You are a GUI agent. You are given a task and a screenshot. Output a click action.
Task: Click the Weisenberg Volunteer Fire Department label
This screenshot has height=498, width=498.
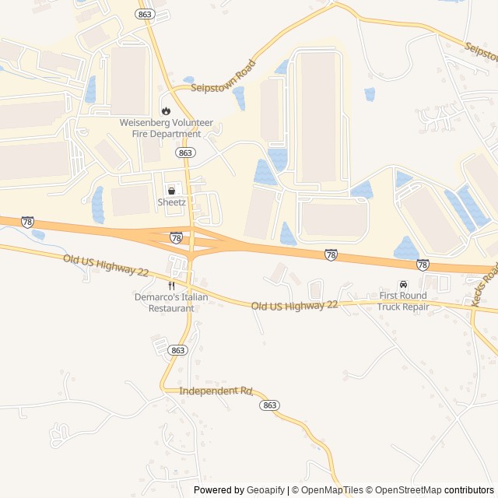pos(160,128)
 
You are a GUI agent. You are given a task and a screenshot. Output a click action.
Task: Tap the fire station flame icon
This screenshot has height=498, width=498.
pos(164,110)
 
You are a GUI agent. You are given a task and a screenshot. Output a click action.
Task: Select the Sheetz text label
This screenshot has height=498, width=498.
pos(171,203)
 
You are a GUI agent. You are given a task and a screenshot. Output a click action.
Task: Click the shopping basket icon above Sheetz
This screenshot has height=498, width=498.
pos(171,190)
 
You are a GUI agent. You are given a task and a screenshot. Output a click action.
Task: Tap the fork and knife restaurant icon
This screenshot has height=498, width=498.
pos(171,285)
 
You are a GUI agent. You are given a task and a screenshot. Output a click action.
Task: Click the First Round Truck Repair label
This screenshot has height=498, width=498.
pos(403,301)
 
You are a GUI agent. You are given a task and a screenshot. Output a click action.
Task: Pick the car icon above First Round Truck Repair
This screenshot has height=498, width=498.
pos(403,284)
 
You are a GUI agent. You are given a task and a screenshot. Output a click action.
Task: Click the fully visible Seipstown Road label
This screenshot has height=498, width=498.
pos(224,77)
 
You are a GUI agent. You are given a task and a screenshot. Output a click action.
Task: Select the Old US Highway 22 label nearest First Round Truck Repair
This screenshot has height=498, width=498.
pos(294,306)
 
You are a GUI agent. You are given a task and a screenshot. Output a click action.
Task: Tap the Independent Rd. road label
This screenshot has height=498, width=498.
pos(216,391)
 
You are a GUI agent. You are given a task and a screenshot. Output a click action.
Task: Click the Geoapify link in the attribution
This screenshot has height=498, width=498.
pos(265,490)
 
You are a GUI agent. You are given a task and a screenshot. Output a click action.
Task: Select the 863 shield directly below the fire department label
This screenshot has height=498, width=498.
pos(185,153)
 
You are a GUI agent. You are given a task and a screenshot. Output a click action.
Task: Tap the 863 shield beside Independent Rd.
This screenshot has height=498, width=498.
pos(269,405)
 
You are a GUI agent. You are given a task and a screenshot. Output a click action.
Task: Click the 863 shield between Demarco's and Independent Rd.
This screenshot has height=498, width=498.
pos(178,350)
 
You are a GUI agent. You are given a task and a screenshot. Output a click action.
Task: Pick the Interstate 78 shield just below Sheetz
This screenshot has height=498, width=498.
pos(177,237)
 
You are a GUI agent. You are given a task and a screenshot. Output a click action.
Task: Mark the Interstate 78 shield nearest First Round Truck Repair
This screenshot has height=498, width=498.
pos(423,265)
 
